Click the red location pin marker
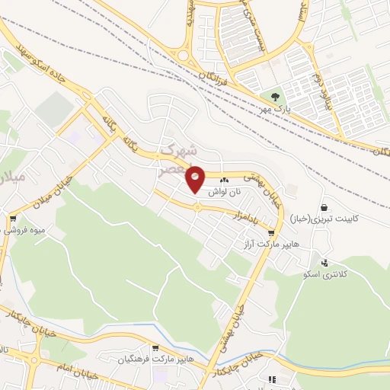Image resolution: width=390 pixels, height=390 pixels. [196, 178]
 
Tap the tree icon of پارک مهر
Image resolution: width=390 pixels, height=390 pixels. [275, 97]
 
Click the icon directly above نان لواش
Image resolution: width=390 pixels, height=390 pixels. [225, 181]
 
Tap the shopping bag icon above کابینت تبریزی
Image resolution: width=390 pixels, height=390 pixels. [324, 206]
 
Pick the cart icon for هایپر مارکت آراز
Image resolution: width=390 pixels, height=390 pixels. [270, 233]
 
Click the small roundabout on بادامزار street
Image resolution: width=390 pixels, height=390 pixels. [197, 207]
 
